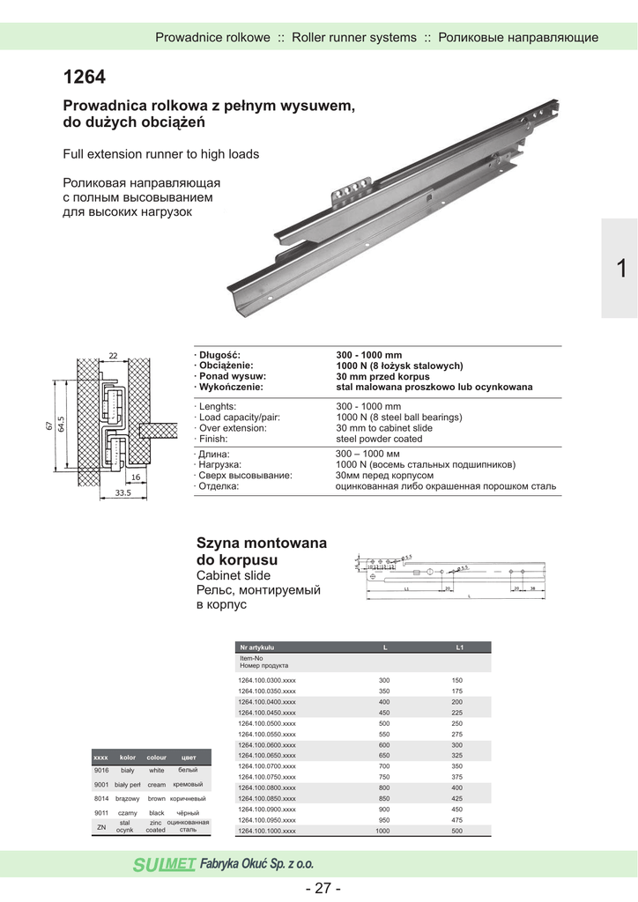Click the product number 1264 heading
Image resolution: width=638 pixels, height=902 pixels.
85,78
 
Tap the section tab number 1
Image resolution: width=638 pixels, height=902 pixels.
621,270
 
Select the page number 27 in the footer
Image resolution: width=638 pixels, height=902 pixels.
322,888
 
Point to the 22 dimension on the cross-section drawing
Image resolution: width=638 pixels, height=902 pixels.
113,355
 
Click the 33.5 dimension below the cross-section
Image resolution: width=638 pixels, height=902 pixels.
122,494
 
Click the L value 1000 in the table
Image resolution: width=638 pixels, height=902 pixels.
382,831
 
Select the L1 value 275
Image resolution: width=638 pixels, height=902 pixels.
457,734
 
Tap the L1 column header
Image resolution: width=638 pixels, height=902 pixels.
458,648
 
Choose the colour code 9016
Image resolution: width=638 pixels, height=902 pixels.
100,770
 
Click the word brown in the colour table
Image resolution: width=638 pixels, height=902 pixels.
157,798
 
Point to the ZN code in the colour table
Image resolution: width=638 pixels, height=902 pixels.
100,827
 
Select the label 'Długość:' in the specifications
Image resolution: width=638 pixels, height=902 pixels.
218,355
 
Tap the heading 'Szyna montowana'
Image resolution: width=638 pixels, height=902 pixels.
261,543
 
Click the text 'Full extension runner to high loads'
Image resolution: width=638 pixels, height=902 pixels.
161,154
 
